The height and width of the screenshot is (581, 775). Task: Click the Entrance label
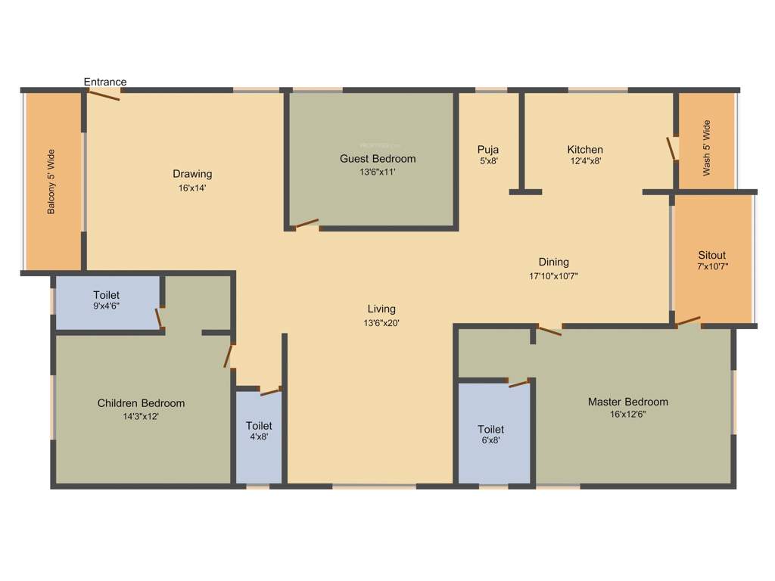click(105, 82)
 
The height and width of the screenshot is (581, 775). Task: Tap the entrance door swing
click(103, 93)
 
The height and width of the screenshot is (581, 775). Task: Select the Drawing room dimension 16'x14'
click(192, 188)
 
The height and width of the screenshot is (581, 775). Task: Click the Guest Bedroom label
click(378, 159)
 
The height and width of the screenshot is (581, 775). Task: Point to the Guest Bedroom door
click(306, 224)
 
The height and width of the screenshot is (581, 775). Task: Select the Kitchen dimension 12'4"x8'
click(586, 161)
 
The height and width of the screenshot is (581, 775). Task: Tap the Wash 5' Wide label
click(707, 148)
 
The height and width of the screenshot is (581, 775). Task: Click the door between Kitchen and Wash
click(671, 148)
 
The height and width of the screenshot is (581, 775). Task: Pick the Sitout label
click(712, 255)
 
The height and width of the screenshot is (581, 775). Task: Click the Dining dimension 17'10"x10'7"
click(554, 276)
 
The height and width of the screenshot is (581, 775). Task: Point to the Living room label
click(381, 309)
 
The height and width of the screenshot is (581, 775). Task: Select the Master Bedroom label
click(628, 402)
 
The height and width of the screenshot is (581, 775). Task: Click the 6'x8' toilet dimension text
click(490, 440)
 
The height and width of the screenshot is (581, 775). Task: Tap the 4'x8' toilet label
click(259, 426)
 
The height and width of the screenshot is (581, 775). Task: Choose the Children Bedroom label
click(141, 403)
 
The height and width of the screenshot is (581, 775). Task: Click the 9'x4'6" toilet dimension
click(107, 306)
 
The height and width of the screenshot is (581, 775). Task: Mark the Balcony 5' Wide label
click(51, 182)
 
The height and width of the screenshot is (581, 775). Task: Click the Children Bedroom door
click(228, 356)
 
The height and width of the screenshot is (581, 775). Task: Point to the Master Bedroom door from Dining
click(549, 330)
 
